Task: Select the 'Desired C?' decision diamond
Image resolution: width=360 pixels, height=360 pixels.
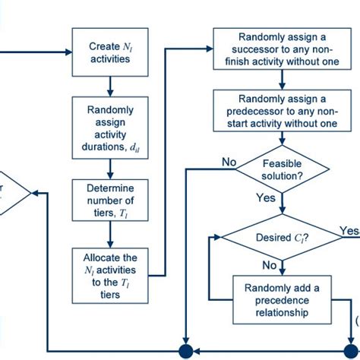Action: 283,236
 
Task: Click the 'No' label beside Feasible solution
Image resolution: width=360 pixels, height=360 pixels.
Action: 229,161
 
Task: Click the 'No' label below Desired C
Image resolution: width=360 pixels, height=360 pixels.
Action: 270,265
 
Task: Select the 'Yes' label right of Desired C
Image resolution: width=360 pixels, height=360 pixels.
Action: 349,229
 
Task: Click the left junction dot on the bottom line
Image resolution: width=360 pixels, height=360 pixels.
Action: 185,350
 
